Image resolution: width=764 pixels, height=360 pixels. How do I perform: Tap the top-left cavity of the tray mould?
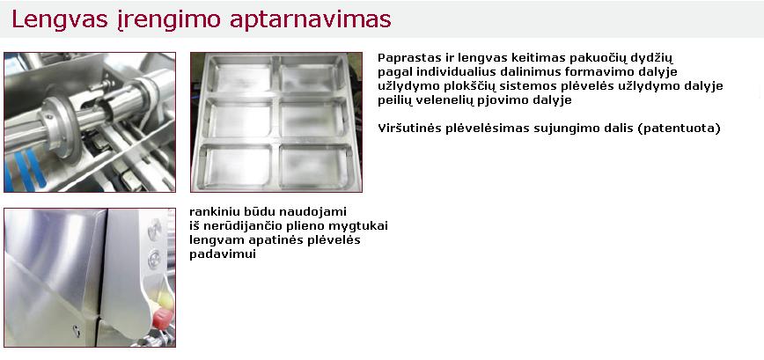pos(243,74)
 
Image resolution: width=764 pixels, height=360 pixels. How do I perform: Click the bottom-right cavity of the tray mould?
pos(312,166)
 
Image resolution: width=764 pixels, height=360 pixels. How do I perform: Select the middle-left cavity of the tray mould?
pos(239,120)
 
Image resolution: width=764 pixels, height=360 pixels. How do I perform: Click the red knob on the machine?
pos(161,318)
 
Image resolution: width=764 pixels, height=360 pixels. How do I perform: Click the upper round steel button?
pos(155,229)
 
